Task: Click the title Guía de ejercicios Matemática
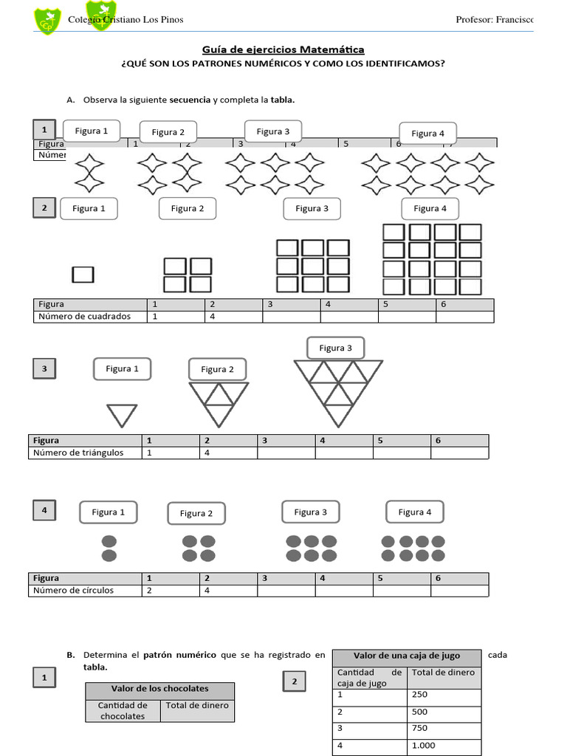pyautogui.click(x=283, y=50)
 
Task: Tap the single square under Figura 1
pyautogui.click(x=83, y=275)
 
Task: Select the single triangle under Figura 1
pyautogui.click(x=122, y=415)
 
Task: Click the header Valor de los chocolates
pyautogui.click(x=159, y=689)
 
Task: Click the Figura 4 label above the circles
pyautogui.click(x=414, y=512)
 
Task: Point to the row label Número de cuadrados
pyautogui.click(x=84, y=317)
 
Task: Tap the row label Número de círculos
pyautogui.click(x=72, y=591)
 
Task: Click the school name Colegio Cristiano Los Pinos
pyautogui.click(x=126, y=19)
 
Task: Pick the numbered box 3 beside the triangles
pyautogui.click(x=44, y=368)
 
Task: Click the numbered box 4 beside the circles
pyautogui.click(x=44, y=509)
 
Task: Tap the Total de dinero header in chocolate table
pyautogui.click(x=197, y=705)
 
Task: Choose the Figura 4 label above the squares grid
pyautogui.click(x=430, y=208)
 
